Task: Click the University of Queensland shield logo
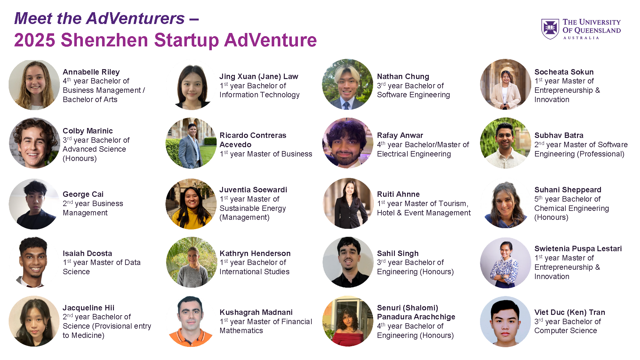pyautogui.click(x=550, y=29)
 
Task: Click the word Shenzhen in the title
pyautogui.click(x=104, y=40)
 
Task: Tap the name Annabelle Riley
pyautogui.click(x=91, y=72)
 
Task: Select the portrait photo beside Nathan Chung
pyautogui.click(x=348, y=84)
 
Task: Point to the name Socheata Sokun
pyautogui.click(x=564, y=72)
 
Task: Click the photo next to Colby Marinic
pyautogui.click(x=34, y=143)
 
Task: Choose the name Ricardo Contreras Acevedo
pyautogui.click(x=253, y=140)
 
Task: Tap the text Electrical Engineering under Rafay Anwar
pyautogui.click(x=414, y=154)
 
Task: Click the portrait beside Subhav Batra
pyautogui.click(x=505, y=143)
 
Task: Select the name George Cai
pyautogui.click(x=83, y=194)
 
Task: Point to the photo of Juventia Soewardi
pyautogui.click(x=191, y=204)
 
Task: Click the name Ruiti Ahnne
pyautogui.click(x=398, y=194)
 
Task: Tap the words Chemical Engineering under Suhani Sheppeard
pyautogui.click(x=572, y=208)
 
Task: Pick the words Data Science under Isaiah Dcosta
pyautogui.click(x=101, y=267)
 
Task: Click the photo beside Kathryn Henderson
pyautogui.click(x=191, y=262)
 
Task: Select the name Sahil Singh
pyautogui.click(x=398, y=253)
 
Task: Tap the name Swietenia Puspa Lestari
pyautogui.click(x=578, y=249)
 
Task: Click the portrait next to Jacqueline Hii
pyautogui.click(x=34, y=321)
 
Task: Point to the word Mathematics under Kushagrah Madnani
pyautogui.click(x=241, y=331)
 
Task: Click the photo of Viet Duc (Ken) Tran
pyautogui.click(x=505, y=322)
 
